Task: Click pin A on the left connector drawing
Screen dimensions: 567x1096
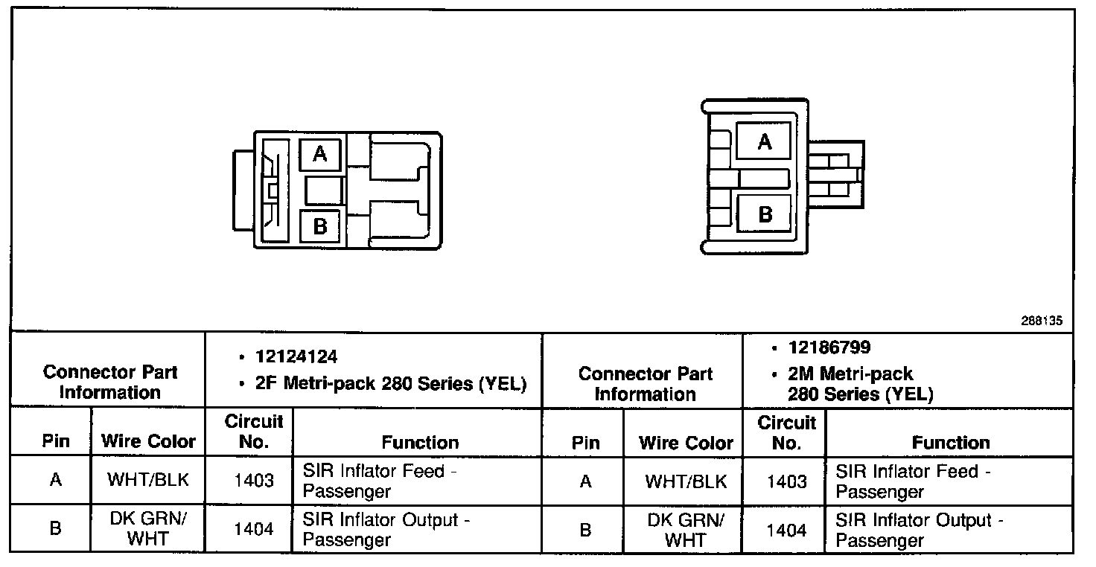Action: click(x=320, y=154)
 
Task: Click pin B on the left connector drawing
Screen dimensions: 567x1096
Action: click(x=320, y=225)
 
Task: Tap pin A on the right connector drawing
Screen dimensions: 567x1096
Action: click(x=764, y=141)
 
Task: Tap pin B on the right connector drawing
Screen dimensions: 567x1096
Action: click(x=765, y=214)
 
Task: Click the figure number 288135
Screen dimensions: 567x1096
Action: click(x=1042, y=321)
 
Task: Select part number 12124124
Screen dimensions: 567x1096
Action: click(x=296, y=357)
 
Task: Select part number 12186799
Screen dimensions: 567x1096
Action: click(x=829, y=347)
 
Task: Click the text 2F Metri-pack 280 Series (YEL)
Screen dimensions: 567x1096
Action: click(x=390, y=384)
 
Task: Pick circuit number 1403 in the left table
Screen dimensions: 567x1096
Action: click(x=253, y=481)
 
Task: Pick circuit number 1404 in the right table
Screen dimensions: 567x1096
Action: click(x=786, y=530)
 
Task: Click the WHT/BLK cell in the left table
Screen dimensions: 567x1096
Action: click(x=147, y=480)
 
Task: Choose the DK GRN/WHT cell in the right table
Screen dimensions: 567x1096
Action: click(x=686, y=530)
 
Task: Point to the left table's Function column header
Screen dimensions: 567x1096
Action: click(x=420, y=443)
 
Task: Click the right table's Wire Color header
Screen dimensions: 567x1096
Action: click(x=686, y=443)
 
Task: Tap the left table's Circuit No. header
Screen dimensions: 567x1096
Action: click(x=254, y=432)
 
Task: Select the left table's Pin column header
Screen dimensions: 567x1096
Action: click(x=56, y=441)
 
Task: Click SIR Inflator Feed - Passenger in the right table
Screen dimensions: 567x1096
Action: click(x=912, y=481)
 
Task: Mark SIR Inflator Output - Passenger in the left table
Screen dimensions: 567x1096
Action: click(x=386, y=530)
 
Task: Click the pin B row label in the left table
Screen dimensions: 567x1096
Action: click(x=55, y=529)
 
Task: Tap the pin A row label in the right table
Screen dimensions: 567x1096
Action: click(x=585, y=481)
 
